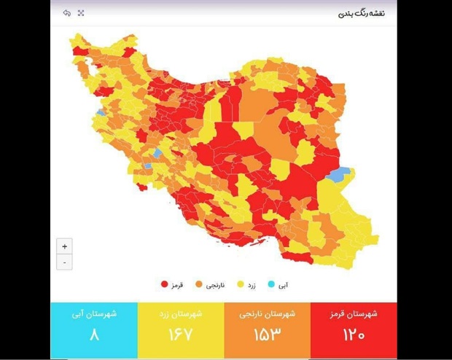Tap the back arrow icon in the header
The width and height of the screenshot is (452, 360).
(67, 14)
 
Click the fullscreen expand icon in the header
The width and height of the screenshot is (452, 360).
(81, 14)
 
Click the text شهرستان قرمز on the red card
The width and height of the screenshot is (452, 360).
(354, 314)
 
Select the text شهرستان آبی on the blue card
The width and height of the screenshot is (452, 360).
(94, 314)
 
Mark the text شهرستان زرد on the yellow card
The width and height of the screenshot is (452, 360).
(181, 314)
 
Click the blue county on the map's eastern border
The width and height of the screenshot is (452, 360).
(339, 175)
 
